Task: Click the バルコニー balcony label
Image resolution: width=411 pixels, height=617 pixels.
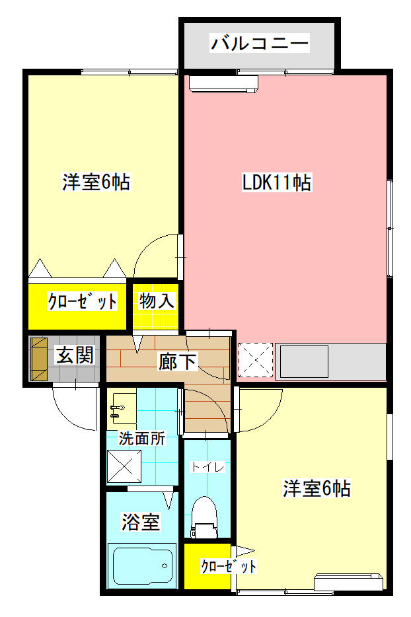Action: point(259,44)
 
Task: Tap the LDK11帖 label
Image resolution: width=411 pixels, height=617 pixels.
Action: point(276,182)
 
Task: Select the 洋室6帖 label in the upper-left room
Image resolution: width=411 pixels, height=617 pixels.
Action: point(96,182)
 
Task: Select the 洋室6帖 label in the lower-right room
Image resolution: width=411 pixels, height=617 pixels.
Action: point(317,489)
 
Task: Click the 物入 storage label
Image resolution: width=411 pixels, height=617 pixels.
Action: point(157,301)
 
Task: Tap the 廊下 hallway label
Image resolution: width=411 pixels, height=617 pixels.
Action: point(176,361)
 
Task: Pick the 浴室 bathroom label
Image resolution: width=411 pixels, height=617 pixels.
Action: point(140,522)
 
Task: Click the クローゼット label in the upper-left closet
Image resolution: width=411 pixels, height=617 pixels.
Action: point(82,303)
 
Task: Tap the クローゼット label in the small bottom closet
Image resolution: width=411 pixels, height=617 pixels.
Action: point(228,566)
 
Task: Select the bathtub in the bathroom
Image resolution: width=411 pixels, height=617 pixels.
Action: point(142,565)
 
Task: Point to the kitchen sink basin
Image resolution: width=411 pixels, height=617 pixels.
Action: point(304,361)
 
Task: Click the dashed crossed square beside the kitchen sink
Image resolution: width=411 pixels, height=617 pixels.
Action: point(255,361)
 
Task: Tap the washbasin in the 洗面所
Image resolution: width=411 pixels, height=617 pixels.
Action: point(122,407)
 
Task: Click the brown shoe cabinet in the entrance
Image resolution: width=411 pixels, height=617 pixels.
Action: point(39,360)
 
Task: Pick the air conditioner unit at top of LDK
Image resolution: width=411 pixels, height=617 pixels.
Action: point(223,83)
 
